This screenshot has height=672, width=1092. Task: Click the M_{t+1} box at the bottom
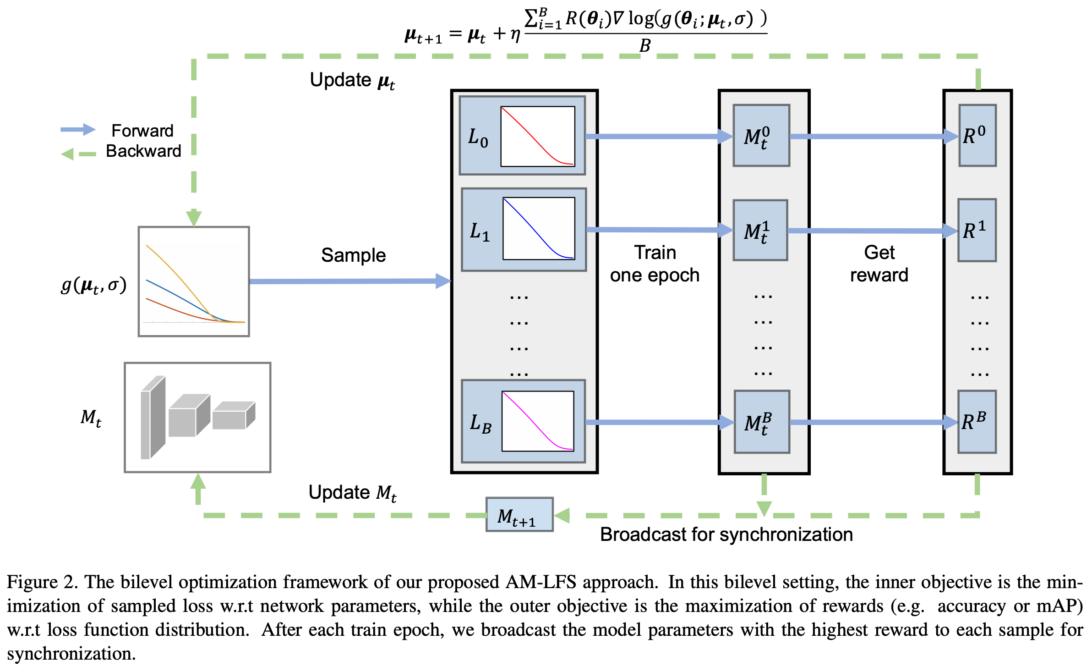pyautogui.click(x=519, y=515)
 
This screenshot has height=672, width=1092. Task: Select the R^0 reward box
pyautogui.click(x=977, y=135)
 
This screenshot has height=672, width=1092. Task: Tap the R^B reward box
pyautogui.click(x=977, y=422)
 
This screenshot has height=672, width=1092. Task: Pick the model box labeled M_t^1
pyautogui.click(x=760, y=230)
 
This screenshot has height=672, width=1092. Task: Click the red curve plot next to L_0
pyautogui.click(x=538, y=136)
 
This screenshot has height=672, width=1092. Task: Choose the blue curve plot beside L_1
pyautogui.click(x=539, y=228)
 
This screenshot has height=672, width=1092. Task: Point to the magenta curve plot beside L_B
pyautogui.click(x=538, y=421)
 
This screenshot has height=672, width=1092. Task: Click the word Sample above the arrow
pyautogui.click(x=353, y=255)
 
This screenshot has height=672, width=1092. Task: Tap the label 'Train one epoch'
pyautogui.click(x=655, y=264)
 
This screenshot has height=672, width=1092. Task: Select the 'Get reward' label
pyautogui.click(x=879, y=264)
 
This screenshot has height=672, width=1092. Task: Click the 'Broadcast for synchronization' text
pyautogui.click(x=726, y=534)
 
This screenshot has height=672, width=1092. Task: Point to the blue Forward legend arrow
pyautogui.click(x=78, y=130)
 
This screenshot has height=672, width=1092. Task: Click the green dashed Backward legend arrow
pyautogui.click(x=78, y=154)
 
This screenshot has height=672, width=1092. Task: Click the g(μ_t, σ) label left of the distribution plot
pyautogui.click(x=94, y=286)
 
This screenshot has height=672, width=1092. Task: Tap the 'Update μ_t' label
pyautogui.click(x=352, y=81)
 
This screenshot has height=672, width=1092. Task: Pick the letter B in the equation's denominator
pyautogui.click(x=644, y=46)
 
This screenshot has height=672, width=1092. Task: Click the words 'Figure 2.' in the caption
pyautogui.click(x=42, y=582)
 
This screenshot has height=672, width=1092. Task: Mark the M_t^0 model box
pyautogui.click(x=761, y=136)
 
